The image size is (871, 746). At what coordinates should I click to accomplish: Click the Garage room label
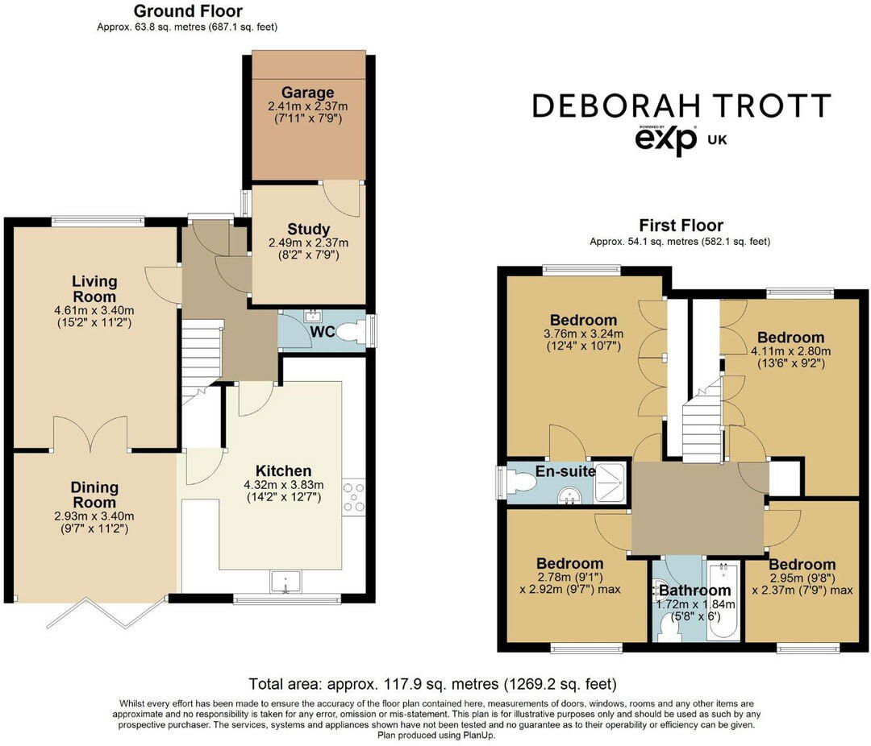(307, 93)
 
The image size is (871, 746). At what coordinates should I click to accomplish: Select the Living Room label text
(94, 288)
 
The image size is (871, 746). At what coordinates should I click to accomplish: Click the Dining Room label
(94, 494)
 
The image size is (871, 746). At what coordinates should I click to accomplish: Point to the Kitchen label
(283, 471)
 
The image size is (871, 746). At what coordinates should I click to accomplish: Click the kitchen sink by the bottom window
(285, 582)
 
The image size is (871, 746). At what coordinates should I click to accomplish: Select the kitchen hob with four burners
(353, 495)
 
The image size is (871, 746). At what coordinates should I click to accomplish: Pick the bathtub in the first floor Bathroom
(723, 600)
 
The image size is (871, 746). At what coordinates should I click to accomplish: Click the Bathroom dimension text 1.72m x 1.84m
(694, 605)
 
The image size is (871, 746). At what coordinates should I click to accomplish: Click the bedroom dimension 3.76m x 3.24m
(583, 334)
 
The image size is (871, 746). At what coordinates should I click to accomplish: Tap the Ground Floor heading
(187, 11)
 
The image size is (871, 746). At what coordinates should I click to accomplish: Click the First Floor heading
(681, 226)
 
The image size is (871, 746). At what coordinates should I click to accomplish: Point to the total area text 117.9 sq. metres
(434, 685)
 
